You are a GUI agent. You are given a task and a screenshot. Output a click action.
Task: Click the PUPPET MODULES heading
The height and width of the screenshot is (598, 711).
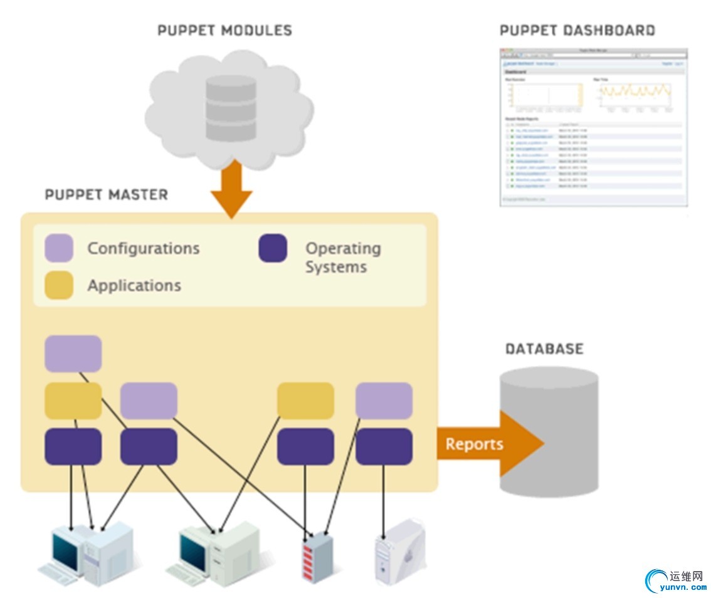(x=224, y=30)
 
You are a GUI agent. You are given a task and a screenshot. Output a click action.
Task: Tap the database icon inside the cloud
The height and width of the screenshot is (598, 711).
(x=231, y=107)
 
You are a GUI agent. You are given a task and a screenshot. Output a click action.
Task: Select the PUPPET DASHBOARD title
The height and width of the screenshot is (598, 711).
(x=577, y=30)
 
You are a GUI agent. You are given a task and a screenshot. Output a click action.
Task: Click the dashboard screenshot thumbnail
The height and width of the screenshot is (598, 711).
(x=593, y=127)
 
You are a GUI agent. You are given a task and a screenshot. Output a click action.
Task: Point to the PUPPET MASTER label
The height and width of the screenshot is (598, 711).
(x=107, y=195)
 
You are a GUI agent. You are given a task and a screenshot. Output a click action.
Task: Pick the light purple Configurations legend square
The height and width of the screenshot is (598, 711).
(x=59, y=248)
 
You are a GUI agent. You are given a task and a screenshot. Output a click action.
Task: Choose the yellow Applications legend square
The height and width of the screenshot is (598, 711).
(x=59, y=285)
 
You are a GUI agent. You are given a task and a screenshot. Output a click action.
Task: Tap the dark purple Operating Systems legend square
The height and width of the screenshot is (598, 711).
(x=273, y=248)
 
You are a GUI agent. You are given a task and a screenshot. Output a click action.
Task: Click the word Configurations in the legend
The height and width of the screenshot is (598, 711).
(x=144, y=248)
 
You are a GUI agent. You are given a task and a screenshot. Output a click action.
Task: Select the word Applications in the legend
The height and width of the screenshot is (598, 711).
(x=134, y=286)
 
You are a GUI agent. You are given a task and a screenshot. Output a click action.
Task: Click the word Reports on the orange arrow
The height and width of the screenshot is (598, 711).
(x=474, y=444)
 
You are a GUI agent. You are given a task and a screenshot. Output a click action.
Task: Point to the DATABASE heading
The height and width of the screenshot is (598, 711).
(x=544, y=349)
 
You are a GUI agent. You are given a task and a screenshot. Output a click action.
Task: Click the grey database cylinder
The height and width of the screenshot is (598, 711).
(x=549, y=433)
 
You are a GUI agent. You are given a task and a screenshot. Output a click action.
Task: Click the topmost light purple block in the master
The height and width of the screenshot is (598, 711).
(x=73, y=353)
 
